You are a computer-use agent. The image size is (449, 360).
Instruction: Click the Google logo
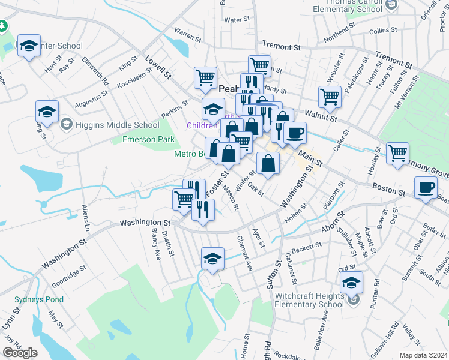(x=20, y=353)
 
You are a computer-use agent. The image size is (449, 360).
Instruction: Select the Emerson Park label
(x=148, y=139)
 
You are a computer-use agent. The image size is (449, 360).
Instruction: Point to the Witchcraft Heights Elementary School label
(x=309, y=300)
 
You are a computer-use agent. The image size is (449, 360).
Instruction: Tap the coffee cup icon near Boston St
(x=426, y=187)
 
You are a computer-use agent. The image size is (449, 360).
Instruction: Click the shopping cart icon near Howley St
(x=397, y=153)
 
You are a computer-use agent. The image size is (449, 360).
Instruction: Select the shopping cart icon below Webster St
(x=330, y=96)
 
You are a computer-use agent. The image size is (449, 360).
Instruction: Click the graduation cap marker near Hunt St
(x=29, y=46)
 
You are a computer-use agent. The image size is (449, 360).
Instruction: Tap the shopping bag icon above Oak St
(x=268, y=162)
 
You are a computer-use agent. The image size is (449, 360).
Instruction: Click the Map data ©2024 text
(x=423, y=355)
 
